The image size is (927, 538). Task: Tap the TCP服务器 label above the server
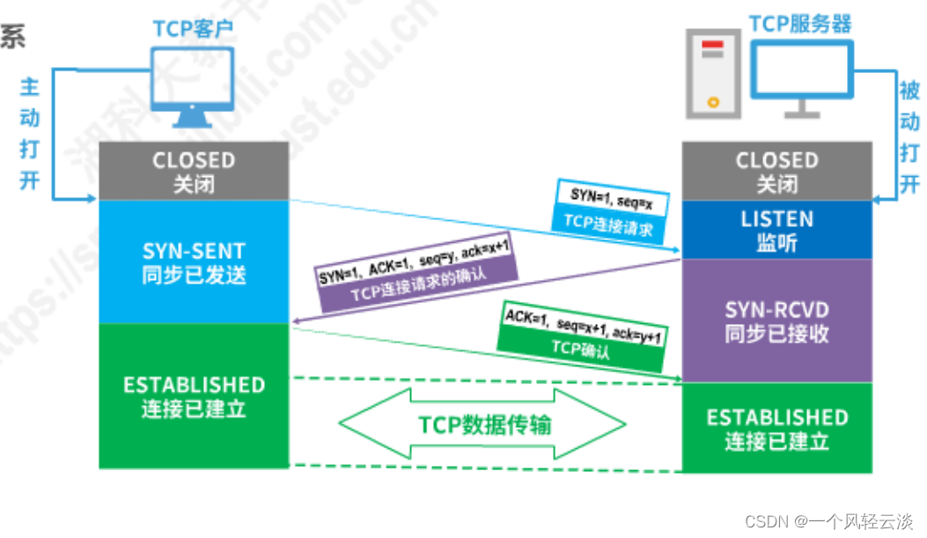pyautogui.click(x=799, y=23)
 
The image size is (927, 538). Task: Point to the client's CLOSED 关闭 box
pyautogui.click(x=194, y=172)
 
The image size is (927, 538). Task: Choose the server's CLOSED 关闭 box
pyautogui.click(x=776, y=172)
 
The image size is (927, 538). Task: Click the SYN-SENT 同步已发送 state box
pyautogui.click(x=194, y=262)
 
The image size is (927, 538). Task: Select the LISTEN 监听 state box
pyautogui.click(x=776, y=230)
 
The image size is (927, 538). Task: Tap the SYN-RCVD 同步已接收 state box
pyautogui.click(x=776, y=321)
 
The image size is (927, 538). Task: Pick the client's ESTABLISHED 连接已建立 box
pyautogui.click(x=194, y=396)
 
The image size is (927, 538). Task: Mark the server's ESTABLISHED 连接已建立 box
pyautogui.click(x=776, y=429)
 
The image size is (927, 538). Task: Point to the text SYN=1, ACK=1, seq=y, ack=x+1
pyautogui.click(x=414, y=262)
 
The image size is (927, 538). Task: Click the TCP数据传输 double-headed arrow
pyautogui.click(x=484, y=424)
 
